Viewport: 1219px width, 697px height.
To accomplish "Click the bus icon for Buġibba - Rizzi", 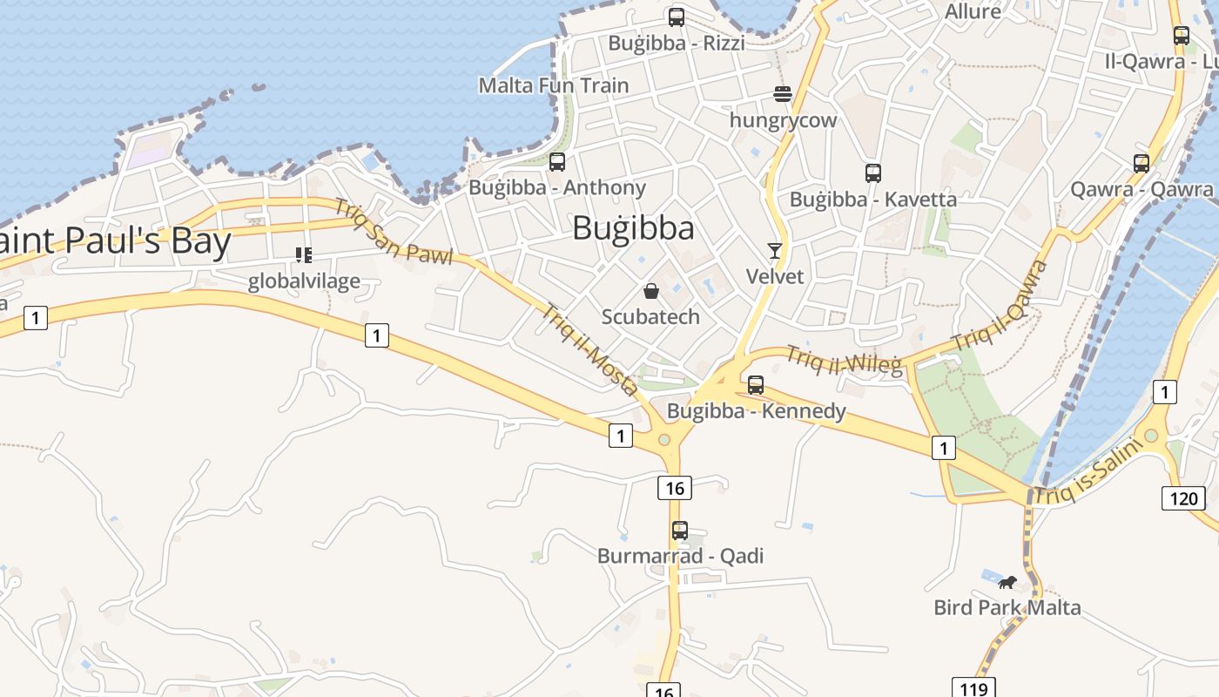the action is [x=676, y=17].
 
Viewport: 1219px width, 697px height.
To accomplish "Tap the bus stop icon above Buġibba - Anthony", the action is [x=557, y=161].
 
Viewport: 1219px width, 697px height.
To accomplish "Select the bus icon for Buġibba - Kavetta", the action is [x=873, y=173].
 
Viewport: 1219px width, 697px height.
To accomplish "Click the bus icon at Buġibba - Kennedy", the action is [x=756, y=384].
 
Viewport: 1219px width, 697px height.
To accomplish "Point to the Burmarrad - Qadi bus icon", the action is [x=679, y=530].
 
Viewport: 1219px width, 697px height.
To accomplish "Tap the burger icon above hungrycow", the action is [x=783, y=94].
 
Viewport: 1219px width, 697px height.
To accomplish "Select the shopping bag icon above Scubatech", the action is [x=650, y=291].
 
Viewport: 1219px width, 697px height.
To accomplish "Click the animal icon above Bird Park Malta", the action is [x=1007, y=582].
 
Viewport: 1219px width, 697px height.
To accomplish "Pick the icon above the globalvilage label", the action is [x=303, y=255].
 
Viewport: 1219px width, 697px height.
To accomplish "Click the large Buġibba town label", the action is [x=633, y=228].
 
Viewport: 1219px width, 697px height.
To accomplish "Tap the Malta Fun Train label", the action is [x=554, y=85].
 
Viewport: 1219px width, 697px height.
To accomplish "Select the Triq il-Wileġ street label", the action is [x=845, y=360].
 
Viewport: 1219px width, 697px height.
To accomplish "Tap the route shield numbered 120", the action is [x=1182, y=498].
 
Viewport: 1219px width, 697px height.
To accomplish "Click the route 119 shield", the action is [x=973, y=688].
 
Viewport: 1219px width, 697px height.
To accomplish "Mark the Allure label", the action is [x=973, y=11].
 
